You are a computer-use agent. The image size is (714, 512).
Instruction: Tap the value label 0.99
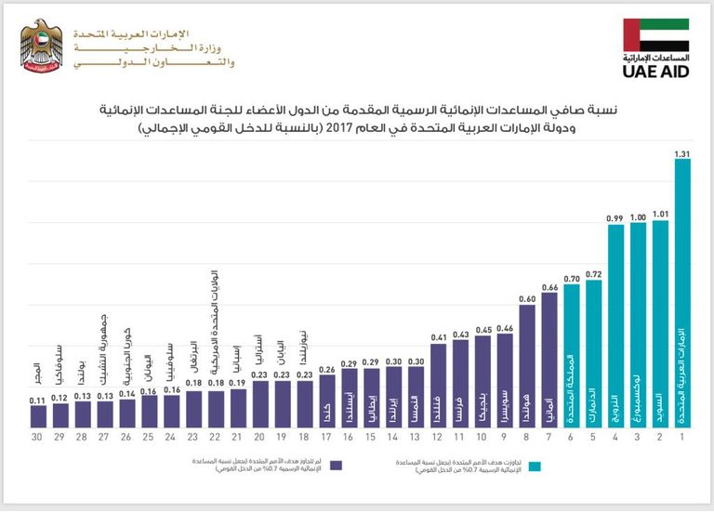pos(615,217)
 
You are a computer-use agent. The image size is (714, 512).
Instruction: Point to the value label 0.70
pos(572,279)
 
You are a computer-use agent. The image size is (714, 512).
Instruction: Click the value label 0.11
pos(38,400)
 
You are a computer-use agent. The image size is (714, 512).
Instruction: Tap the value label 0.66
pos(549,287)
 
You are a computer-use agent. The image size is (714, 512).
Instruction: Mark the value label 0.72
pos(594,274)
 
